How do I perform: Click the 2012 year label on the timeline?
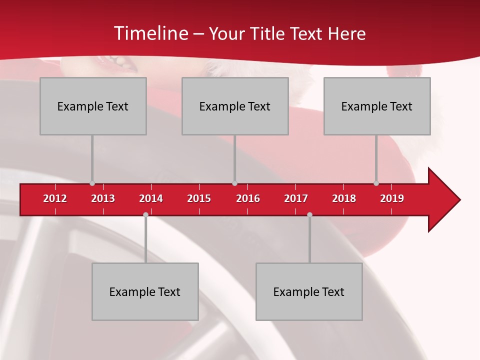[x=55, y=198]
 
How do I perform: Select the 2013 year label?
[x=103, y=198]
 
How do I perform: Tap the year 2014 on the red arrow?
[x=151, y=198]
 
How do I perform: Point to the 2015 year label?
[x=199, y=198]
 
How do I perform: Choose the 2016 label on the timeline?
[x=248, y=198]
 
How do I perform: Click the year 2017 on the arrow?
[x=296, y=198]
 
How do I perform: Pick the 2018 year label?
[x=344, y=198]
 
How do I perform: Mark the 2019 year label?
[x=392, y=198]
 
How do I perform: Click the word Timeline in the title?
[x=150, y=33]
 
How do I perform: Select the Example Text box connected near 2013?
[x=93, y=106]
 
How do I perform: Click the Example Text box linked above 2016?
[x=235, y=106]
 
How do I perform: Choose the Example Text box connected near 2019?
[x=377, y=106]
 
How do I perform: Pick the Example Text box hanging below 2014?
[x=145, y=291]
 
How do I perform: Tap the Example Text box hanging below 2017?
[x=309, y=291]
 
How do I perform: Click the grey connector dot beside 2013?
[x=92, y=183]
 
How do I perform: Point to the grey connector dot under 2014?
[x=145, y=214]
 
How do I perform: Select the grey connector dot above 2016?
[x=234, y=183]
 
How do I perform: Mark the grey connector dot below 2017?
[x=309, y=214]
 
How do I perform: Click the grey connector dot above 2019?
[x=376, y=183]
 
